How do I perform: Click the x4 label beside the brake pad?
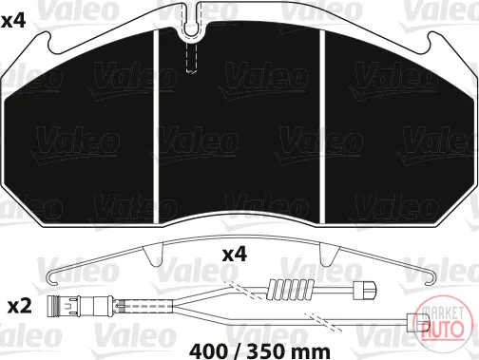13,21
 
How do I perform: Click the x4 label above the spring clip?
234,255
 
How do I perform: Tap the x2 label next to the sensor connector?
20,307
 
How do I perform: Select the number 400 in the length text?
208,351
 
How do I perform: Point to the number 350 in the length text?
265,351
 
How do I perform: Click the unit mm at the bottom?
311,352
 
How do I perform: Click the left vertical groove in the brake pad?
156,126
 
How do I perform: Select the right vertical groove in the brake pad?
322,126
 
